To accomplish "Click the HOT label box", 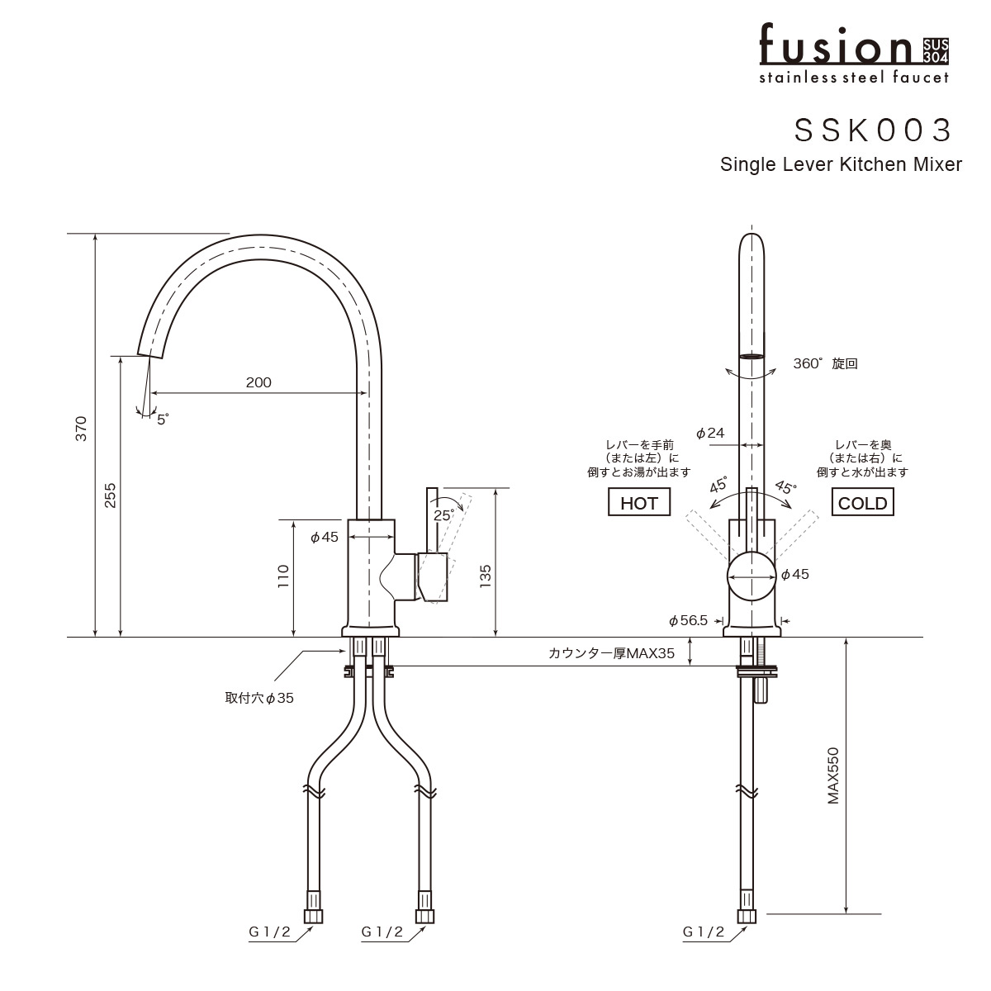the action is point(638,502).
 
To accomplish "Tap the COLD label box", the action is point(862,502).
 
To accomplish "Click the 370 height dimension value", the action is point(81,429).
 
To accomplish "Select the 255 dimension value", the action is point(110,495).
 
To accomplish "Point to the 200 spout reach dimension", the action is point(258,382).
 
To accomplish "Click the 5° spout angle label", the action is point(163,420).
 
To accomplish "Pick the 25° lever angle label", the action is point(443,514).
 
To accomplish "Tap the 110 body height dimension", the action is point(283,576).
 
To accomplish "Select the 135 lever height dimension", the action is point(485,576).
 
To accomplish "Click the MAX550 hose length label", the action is point(832,775).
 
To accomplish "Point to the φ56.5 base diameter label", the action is point(688,621).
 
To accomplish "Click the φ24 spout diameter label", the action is point(710,433).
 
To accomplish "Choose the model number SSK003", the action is point(873,130).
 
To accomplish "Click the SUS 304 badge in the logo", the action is point(936,52).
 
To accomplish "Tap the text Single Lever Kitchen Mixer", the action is point(841,164).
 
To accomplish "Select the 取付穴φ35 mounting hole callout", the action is point(259,698).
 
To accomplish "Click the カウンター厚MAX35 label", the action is point(611,653).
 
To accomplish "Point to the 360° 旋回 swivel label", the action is point(825,363).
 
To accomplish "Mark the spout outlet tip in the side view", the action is point(150,356).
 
